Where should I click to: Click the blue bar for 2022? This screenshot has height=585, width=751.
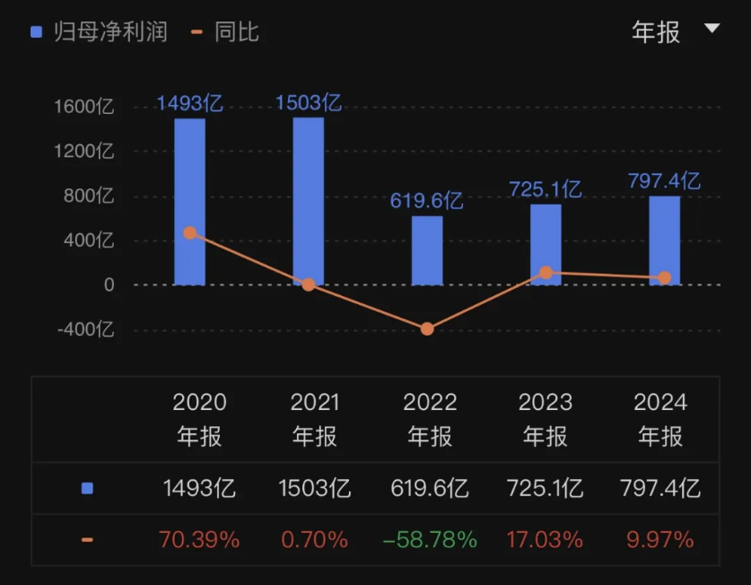tap(427, 250)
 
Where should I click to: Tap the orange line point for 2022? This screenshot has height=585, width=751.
tap(427, 329)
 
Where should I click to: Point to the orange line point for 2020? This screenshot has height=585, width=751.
tap(189, 232)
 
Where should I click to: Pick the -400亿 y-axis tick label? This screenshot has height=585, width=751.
tap(85, 329)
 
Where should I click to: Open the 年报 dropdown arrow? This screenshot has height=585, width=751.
tap(712, 29)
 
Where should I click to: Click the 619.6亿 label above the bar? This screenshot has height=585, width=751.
tap(426, 200)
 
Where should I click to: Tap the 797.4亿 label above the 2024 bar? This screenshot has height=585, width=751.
tap(664, 181)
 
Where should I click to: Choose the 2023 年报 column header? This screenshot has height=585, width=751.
tap(545, 419)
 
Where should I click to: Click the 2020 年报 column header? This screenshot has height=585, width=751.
tap(199, 419)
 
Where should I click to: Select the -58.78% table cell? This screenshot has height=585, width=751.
tap(430, 540)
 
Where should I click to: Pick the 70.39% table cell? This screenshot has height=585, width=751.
tap(199, 540)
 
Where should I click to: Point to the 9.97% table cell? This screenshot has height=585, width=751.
tap(660, 540)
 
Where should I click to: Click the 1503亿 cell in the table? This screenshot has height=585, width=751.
tap(315, 489)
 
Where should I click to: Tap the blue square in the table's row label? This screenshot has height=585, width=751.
tap(87, 489)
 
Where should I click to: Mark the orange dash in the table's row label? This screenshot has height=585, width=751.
tap(87, 540)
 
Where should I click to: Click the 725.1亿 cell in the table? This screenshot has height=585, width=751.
tap(545, 489)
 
